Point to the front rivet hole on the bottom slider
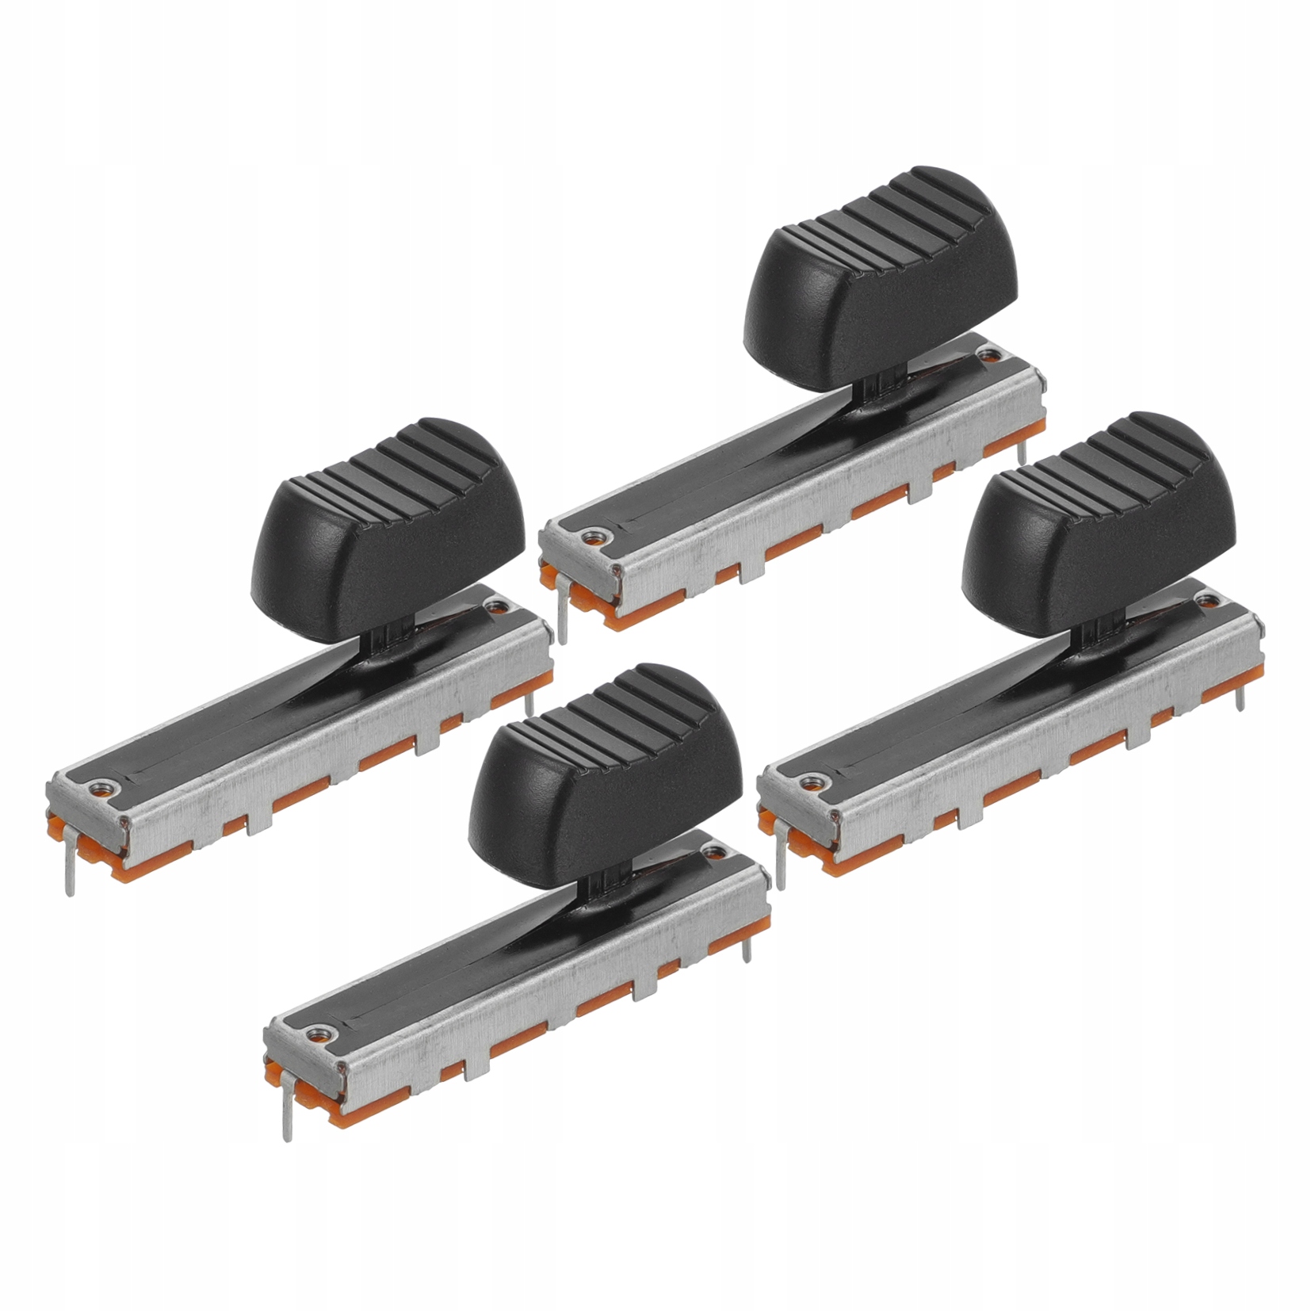[319, 1032]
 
